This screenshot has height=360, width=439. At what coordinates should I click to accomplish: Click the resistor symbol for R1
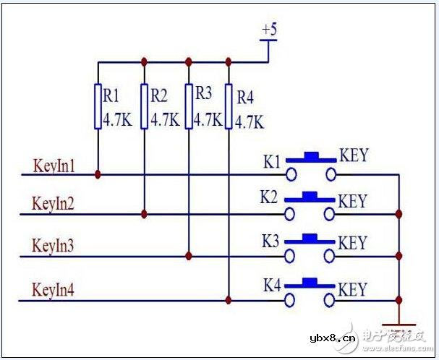[x=98, y=107]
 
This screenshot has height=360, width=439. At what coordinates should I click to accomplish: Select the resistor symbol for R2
[x=145, y=107]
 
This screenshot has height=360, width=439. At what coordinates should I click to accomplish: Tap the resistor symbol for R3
[x=189, y=107]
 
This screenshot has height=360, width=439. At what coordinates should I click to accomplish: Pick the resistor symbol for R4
[x=229, y=107]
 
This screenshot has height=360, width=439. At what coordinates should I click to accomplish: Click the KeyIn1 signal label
[x=54, y=165]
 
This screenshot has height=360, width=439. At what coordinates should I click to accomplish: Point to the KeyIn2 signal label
[x=54, y=203]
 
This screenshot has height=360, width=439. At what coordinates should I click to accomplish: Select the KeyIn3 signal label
[x=54, y=246]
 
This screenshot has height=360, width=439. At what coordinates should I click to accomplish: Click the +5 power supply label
[x=269, y=31]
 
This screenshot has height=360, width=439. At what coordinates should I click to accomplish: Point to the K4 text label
[x=272, y=286]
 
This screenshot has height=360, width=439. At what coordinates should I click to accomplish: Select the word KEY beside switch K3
[x=353, y=243]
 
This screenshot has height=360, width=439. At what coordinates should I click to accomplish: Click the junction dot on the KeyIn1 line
[x=98, y=174]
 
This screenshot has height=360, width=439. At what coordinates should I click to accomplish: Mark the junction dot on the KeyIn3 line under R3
[x=189, y=256]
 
